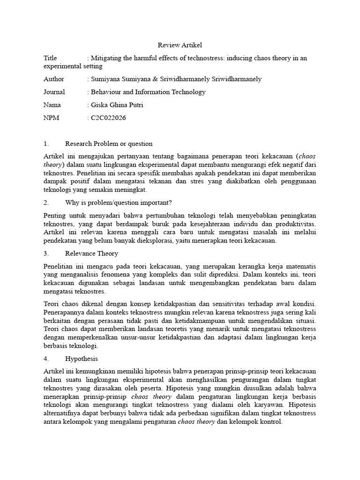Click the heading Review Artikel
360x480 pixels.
click(180, 45)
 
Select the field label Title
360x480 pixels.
click(50, 58)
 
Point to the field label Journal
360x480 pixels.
click(54, 92)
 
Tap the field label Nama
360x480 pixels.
click(52, 105)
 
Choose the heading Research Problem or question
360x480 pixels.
click(109, 144)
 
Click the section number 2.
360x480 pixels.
click(46, 202)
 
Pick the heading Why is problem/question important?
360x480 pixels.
click(119, 202)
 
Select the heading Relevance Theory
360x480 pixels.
click(91, 253)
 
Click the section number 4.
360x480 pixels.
click(46, 358)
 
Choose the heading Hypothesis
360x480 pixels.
click(82, 358)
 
